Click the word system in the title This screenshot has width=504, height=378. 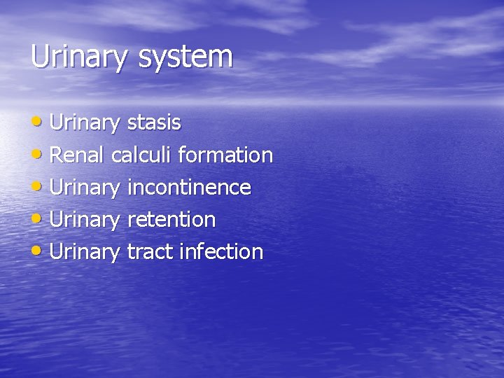point(185,58)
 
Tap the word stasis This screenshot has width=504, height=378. point(154,123)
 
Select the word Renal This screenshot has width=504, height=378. point(78,155)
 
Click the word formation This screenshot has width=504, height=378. point(225,155)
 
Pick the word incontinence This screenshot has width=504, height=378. point(188,188)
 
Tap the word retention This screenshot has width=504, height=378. point(171,220)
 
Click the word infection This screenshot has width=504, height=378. point(221,252)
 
